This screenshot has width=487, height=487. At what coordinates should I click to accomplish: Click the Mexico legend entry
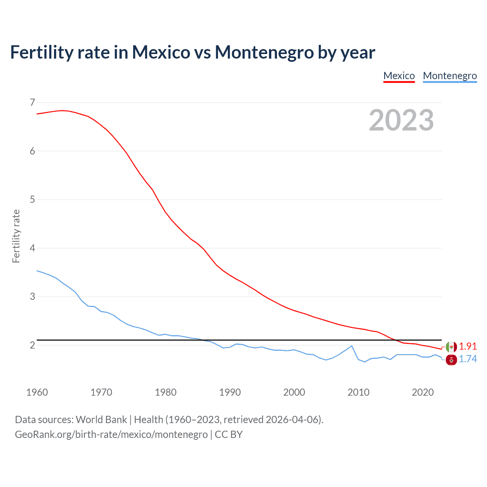pos(399,76)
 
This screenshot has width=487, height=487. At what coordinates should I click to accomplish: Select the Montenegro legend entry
pos(450,76)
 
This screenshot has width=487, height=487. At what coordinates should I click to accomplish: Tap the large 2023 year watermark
pos(401,120)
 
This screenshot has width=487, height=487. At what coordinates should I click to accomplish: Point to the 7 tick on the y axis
pos(32,102)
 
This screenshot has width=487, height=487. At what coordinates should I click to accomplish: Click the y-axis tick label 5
pos(32,199)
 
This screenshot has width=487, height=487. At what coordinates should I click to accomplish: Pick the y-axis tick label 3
pos(32,296)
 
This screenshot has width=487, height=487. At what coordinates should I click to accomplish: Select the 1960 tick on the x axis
pos(37,392)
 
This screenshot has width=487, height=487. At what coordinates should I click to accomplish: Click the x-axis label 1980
pos(166,392)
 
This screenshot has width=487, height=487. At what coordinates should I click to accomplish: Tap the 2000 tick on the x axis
pos(294,392)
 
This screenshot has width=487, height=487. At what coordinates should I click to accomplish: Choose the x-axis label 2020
pos(423,392)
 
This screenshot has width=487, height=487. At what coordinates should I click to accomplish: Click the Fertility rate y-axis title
pos(16,236)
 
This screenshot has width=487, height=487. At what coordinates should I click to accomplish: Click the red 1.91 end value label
pos(468,346)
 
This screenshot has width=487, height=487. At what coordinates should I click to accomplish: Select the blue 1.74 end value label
pos(468,359)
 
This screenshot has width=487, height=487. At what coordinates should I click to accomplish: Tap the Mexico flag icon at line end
pos(451,347)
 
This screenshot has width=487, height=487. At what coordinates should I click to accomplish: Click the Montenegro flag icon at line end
pos(451,360)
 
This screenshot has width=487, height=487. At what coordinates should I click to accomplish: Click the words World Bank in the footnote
pos(101,420)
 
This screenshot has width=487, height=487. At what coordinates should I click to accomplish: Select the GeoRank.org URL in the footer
pos(111,434)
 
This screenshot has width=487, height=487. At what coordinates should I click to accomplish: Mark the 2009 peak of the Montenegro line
pos(352,346)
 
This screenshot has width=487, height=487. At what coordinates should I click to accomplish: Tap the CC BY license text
pos(229,434)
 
